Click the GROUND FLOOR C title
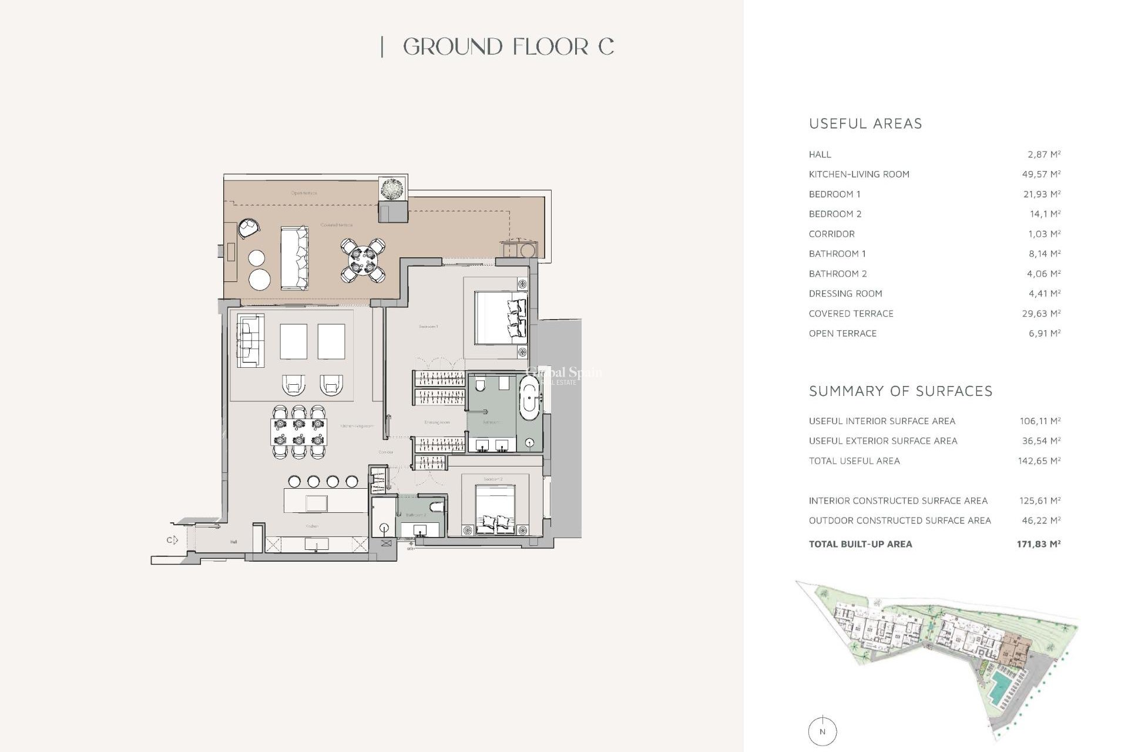[508, 47]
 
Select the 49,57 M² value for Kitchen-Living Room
[1041, 174]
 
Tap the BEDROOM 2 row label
[835, 214]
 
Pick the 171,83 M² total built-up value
[1038, 544]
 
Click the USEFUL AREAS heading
[865, 124]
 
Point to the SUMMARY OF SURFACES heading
[900, 391]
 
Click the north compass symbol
[822, 731]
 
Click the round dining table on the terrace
[362, 260]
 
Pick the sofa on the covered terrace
[294, 258]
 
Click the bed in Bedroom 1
[500, 318]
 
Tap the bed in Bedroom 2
[495, 509]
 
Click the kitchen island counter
[325, 501]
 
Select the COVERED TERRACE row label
[851, 314]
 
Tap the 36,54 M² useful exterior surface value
[1039, 441]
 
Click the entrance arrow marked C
[172, 540]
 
